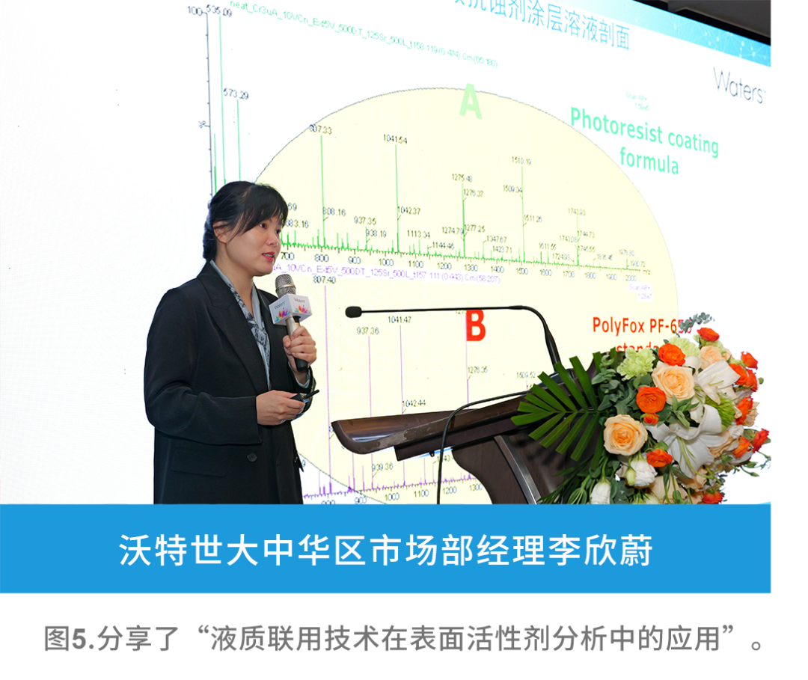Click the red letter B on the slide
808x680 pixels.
[476, 326]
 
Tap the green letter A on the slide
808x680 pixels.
[471, 101]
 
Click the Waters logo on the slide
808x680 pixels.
[738, 85]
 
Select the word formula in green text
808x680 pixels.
[649, 160]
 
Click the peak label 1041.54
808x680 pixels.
[395, 140]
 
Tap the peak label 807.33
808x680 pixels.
[320, 129]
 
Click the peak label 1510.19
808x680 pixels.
[521, 161]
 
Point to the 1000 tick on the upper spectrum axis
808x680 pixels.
[386, 263]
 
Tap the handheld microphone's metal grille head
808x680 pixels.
[285, 285]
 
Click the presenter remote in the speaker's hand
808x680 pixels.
[304, 396]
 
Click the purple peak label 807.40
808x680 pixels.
[324, 280]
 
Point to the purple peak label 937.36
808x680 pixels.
[367, 331]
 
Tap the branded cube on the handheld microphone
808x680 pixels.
[290, 308]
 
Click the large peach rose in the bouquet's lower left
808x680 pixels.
[625, 434]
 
